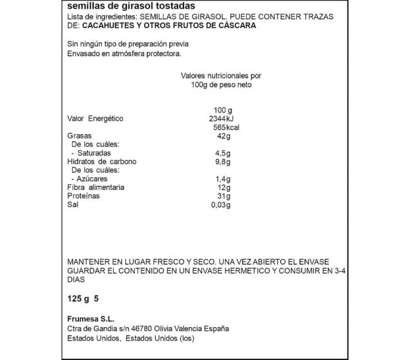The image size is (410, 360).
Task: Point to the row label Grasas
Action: pyautogui.click(x=79, y=136)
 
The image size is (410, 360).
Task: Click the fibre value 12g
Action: pyautogui.click(x=223, y=188)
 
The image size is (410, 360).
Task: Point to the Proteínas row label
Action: pyautogui.click(x=84, y=196)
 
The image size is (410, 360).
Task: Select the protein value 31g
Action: pyautogui.click(x=223, y=196)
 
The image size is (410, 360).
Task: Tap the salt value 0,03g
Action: pyautogui.click(x=221, y=205)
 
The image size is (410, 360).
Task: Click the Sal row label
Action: pyautogui.click(x=73, y=205)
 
